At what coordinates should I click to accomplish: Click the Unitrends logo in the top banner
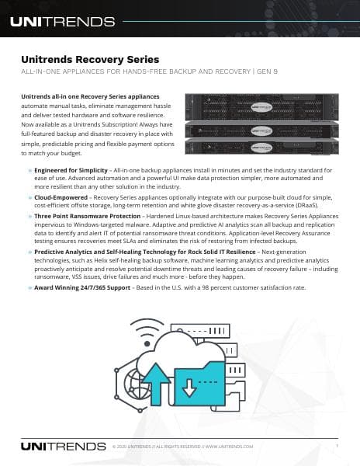pos(62,21)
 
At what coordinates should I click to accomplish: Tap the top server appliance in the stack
pos(263,105)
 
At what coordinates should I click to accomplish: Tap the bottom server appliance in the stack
pos(263,148)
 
